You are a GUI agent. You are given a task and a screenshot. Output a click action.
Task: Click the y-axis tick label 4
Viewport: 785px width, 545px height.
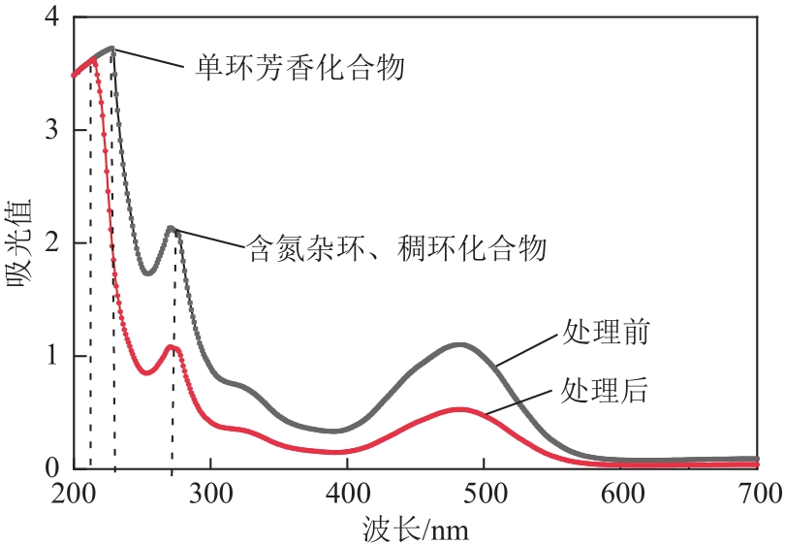click(x=54, y=17)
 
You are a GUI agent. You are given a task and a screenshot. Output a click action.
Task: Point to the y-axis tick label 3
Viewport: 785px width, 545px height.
click(x=54, y=130)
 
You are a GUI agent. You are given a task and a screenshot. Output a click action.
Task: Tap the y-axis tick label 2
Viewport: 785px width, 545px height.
click(x=54, y=242)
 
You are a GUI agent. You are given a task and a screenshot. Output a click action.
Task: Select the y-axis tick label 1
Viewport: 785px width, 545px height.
click(x=54, y=356)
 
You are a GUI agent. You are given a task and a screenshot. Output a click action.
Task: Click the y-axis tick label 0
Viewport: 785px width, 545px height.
click(x=54, y=468)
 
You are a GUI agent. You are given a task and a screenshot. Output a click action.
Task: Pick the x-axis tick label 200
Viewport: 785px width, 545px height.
click(x=73, y=494)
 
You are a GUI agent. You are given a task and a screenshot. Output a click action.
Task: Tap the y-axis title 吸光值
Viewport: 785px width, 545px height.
click(x=21, y=242)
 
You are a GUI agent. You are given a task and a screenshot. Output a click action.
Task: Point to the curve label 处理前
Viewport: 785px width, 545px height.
click(x=605, y=334)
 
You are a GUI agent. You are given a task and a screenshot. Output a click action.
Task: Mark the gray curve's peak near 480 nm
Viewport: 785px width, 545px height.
click(x=461, y=344)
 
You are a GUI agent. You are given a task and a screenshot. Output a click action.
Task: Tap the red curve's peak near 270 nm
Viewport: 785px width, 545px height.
click(x=171, y=346)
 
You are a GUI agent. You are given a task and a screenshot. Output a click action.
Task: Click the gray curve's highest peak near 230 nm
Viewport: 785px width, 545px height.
click(x=112, y=48)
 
